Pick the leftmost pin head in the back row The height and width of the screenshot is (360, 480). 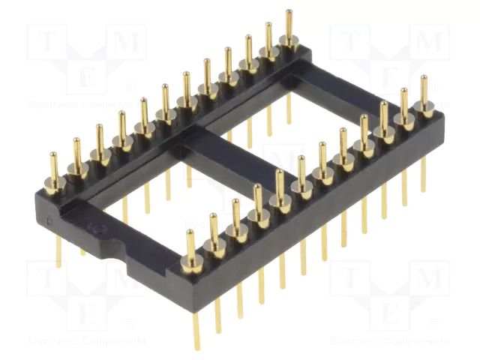coord(53,180)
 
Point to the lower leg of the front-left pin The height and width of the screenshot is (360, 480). coord(197,330)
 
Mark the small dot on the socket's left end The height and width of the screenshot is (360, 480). coord(50,200)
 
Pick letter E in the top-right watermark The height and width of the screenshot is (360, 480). coord(389,76)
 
